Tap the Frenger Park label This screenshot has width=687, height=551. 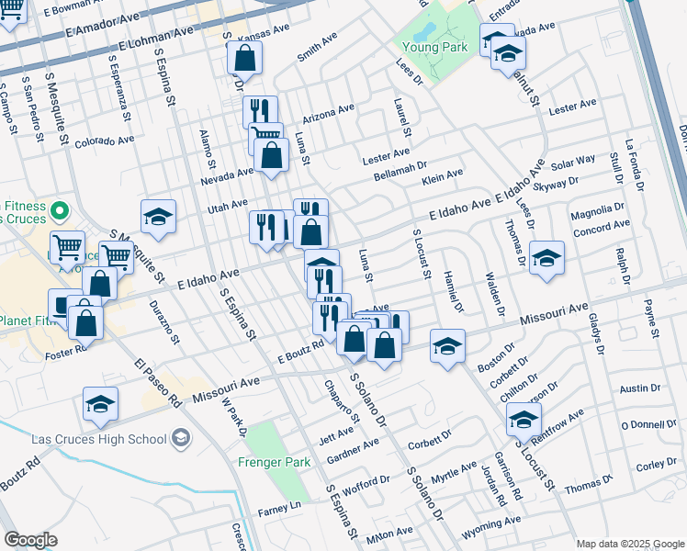tap(275, 462)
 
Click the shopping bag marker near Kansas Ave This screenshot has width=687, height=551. tap(246, 58)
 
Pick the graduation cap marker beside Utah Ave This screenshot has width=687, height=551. tap(158, 219)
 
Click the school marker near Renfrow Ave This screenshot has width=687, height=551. tap(524, 421)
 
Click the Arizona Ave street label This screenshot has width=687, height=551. tap(328, 115)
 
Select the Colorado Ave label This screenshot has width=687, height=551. tap(105, 141)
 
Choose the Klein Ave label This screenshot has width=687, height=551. tap(442, 174)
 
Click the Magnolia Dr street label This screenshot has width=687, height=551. tap(597, 212)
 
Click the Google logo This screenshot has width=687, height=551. tap(30, 540)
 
